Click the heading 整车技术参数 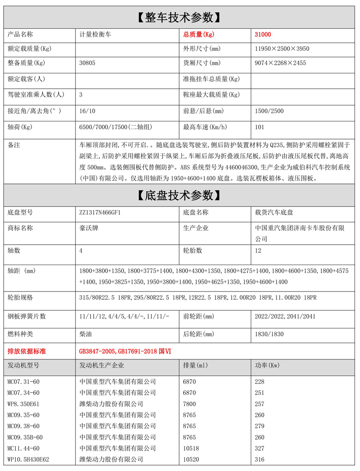click(180, 18)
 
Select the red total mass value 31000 click(263, 34)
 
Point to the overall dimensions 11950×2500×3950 click(282, 49)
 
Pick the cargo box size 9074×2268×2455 click(280, 63)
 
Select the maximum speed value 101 click(259, 127)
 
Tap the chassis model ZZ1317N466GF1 click(100, 212)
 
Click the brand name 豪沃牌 click(89, 228)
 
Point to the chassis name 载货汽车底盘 click(274, 212)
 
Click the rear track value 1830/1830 click(269, 334)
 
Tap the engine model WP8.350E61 click(23, 404)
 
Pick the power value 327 click(260, 448)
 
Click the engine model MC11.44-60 click(23, 448)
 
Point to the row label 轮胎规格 click(20, 298)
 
